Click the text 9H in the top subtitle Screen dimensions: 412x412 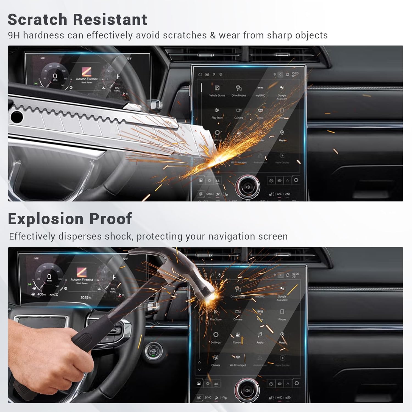[14, 35]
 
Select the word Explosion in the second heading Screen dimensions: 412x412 [46, 219]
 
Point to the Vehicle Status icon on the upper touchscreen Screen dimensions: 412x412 [217, 88]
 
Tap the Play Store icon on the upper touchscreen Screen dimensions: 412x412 [217, 110]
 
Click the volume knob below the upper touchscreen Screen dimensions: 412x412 [248, 187]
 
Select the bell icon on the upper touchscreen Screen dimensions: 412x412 [287, 74]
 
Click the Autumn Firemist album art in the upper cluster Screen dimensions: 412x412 [87, 72]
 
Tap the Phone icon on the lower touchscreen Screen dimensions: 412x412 [282, 312]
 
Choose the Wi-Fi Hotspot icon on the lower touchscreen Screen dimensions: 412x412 [238, 358]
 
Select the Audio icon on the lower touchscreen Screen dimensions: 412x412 [260, 335]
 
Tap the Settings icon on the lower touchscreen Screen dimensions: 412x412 [216, 335]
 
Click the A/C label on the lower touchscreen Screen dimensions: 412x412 [279, 397]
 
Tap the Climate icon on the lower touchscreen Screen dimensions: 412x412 [216, 358]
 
